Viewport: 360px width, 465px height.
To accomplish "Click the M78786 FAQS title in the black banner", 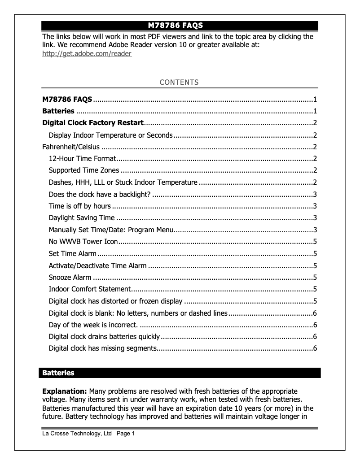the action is coord(180,26).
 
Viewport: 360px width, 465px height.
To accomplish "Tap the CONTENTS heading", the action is coord(180,82).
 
